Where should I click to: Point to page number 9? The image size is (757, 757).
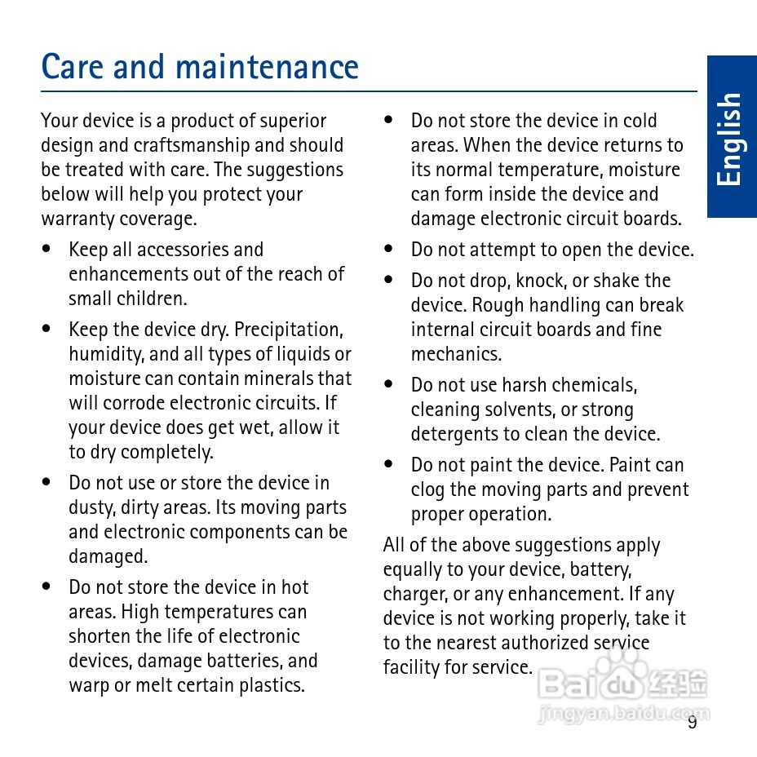692,723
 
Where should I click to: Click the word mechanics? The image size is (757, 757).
456,354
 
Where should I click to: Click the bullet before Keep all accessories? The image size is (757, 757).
47,250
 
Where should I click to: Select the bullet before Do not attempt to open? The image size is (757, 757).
389,250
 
